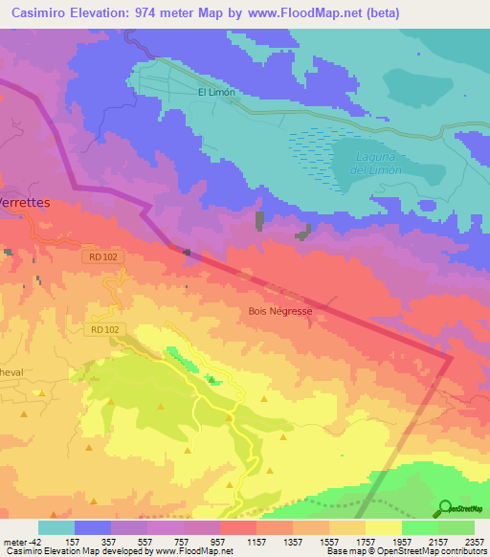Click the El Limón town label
click(215, 93)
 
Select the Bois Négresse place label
click(280, 311)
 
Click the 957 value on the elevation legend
click(219, 540)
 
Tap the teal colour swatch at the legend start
click(56, 526)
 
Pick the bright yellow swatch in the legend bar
click(383, 526)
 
